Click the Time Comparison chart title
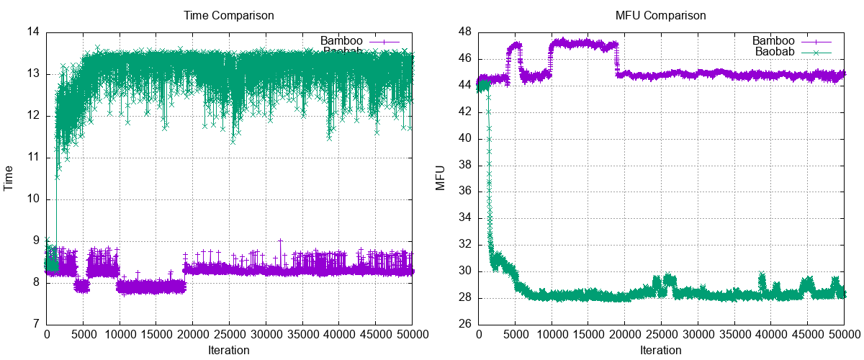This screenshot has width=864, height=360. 229,15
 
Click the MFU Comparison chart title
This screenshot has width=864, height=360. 661,15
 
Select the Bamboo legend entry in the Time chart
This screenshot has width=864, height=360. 342,41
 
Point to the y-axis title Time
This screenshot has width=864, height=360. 9,178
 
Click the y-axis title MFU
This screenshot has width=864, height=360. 441,178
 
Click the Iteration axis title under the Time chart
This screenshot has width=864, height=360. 229,351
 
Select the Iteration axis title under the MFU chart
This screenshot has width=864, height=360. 661,351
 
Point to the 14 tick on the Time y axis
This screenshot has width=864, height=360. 34,32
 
